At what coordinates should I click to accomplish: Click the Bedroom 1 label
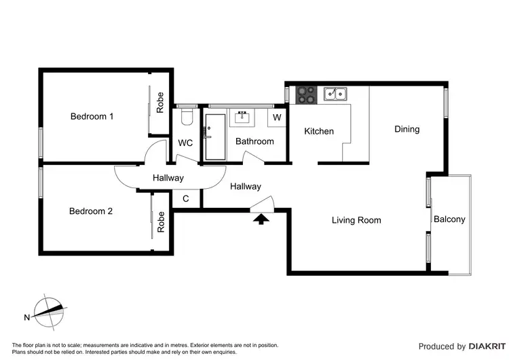[x=92, y=116]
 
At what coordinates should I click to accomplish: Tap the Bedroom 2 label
[x=91, y=211]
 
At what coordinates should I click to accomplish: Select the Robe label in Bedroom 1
[x=161, y=103]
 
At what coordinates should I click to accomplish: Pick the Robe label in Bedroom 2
[x=161, y=222]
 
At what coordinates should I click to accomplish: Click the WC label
[x=186, y=143]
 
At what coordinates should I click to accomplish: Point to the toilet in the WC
[x=187, y=118]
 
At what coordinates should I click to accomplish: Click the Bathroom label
[x=254, y=141]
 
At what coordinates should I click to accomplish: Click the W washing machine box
[x=277, y=118]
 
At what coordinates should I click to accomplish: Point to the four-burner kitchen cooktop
[x=307, y=94]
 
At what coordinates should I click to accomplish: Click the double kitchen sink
[x=335, y=94]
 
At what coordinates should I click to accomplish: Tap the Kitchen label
[x=318, y=131]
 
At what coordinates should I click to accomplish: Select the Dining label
[x=407, y=129]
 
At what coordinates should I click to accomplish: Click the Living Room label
[x=356, y=220]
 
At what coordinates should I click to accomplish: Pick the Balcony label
[x=449, y=219]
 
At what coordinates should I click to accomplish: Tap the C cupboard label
[x=186, y=199]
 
